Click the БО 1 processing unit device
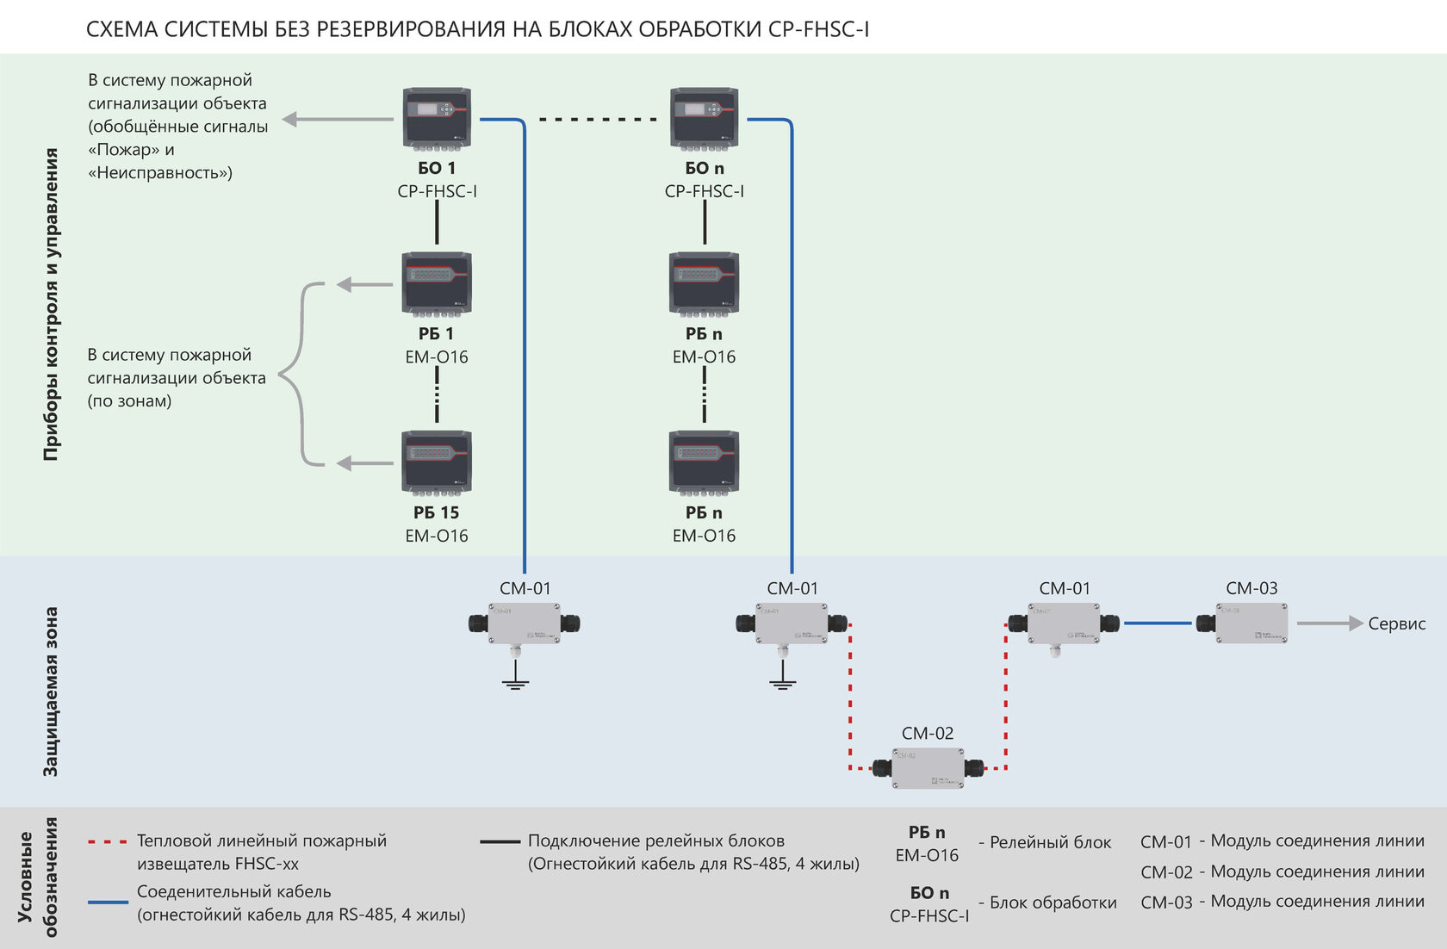point(437,119)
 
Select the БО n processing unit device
point(705,119)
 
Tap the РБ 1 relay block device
point(437,284)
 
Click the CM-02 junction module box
point(928,768)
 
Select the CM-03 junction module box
point(1242,623)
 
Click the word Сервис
point(1397,623)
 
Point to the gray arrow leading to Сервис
point(1330,623)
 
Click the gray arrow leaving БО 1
point(338,119)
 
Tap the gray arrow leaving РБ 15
point(365,463)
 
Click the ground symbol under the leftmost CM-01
point(515,675)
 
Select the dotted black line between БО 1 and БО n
point(598,120)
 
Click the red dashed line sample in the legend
point(107,841)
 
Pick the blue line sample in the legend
point(107,902)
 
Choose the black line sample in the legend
point(500,841)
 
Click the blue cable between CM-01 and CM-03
point(1158,623)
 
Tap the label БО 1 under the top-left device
point(437,168)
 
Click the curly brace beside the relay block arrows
point(301,374)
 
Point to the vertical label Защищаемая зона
point(50,692)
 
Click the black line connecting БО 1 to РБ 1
point(438,222)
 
